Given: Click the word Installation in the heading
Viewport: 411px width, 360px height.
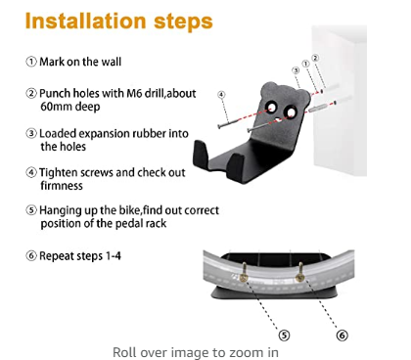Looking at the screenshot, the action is point(85,21).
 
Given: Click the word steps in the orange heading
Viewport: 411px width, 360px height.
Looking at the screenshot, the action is point(183,22).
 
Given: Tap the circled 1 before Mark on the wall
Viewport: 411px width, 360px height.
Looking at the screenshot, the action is point(31,62).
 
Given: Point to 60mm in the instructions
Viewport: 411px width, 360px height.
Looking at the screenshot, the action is point(57,107).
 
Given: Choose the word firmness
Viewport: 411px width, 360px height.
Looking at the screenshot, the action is point(62,186).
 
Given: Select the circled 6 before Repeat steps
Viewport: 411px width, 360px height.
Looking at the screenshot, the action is point(31,255).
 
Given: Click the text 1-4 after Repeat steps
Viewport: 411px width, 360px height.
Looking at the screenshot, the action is point(113,256).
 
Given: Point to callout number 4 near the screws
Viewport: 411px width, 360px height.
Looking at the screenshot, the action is point(221,95).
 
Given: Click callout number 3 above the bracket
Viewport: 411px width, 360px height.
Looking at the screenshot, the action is point(296,70).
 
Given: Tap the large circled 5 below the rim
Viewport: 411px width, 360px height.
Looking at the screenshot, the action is point(284,336).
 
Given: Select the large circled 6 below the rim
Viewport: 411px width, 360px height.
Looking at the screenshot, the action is point(342,336).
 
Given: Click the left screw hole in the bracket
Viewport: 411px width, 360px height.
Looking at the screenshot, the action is point(271,108).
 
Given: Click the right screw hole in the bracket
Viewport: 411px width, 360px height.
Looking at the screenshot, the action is point(291,112).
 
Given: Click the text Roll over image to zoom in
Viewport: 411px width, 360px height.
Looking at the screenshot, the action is point(196,352).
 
